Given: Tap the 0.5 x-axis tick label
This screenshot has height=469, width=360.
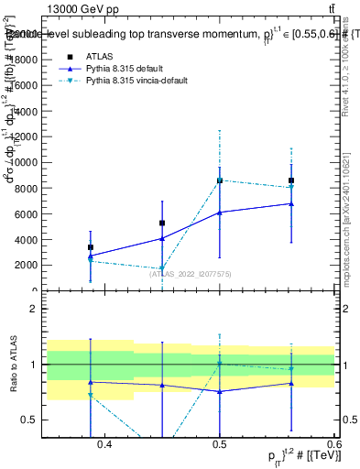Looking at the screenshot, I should (x=219, y=445).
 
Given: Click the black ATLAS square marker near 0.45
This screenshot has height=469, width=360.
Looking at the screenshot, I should (x=162, y=223).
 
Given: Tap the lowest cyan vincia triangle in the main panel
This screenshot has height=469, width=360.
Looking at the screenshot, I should (x=162, y=268).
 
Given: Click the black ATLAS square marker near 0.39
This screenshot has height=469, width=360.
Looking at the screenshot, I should (x=91, y=247).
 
